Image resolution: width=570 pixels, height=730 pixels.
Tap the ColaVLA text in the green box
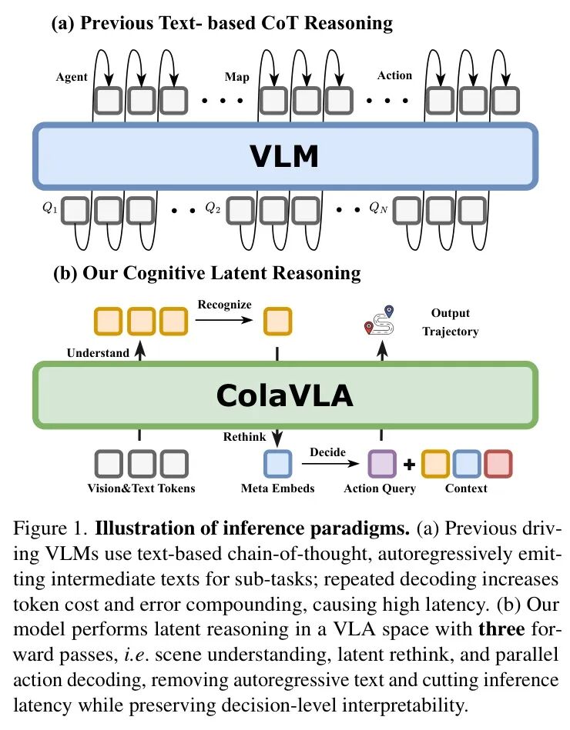click(284, 395)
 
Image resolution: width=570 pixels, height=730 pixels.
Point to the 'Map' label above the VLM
click(236, 77)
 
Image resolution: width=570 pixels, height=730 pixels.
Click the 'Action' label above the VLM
click(394, 75)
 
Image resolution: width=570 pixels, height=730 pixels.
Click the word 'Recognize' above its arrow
click(223, 304)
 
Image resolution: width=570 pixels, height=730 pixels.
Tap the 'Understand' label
click(97, 353)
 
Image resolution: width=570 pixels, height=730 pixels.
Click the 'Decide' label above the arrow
click(327, 452)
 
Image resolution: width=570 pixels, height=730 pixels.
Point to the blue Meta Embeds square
click(277, 464)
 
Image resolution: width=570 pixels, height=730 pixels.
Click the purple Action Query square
click(382, 464)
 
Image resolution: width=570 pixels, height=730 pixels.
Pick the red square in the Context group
click(498, 464)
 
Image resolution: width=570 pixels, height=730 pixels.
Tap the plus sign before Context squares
click(409, 465)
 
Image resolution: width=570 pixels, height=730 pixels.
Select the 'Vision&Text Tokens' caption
click(141, 488)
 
